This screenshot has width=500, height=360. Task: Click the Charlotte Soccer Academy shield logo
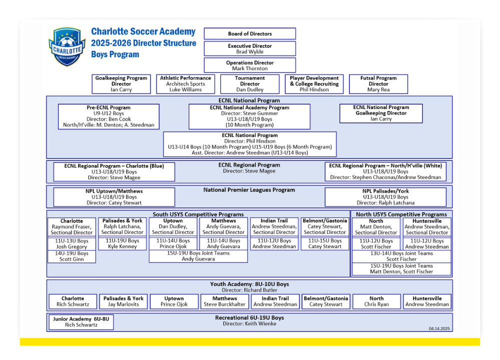click(67, 46)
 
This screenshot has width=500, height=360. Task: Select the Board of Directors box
click(249, 33)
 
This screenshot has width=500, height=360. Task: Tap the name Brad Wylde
click(249, 51)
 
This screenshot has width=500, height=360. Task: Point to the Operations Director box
click(249, 65)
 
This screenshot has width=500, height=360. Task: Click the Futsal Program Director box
click(378, 84)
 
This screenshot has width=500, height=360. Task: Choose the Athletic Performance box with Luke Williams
click(185, 84)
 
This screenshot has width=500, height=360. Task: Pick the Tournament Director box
click(249, 84)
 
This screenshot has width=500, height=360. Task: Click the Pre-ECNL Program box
click(108, 116)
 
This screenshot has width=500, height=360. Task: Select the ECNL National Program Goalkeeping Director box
click(381, 113)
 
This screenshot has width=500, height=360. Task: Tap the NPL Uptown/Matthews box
click(114, 196)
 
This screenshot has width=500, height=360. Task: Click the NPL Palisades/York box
click(385, 196)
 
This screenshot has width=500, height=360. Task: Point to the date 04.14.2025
click(439, 328)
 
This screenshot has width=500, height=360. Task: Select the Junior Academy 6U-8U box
click(81, 321)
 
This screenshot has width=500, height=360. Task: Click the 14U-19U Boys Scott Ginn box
click(71, 256)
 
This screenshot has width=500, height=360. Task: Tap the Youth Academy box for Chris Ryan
click(376, 301)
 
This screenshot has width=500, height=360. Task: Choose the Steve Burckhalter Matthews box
click(224, 301)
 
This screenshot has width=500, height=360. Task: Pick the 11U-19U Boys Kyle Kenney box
click(122, 243)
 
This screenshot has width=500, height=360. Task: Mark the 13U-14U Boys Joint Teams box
click(401, 256)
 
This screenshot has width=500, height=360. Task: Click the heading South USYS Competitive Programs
click(198, 214)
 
